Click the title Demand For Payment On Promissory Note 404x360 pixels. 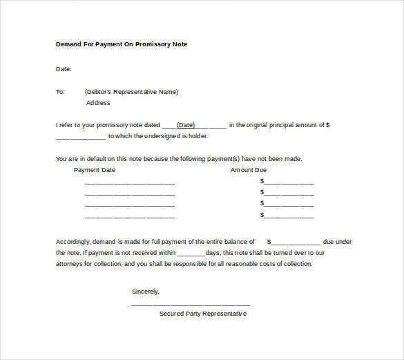122,44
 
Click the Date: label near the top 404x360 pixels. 64,69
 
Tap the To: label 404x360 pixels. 60,92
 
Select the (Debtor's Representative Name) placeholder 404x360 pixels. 131,92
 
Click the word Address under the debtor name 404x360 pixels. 98,103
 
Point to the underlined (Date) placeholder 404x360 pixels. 186,126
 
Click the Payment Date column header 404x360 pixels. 95,170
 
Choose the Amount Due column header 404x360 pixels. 249,170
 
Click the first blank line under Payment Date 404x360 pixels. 130,183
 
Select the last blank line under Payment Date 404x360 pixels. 130,216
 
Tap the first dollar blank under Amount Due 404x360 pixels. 289,182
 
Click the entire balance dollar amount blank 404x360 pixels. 296,243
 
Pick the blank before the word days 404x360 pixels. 191,254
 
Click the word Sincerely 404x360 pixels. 146,292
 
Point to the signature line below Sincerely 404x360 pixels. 191,304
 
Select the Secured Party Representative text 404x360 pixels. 203,314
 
